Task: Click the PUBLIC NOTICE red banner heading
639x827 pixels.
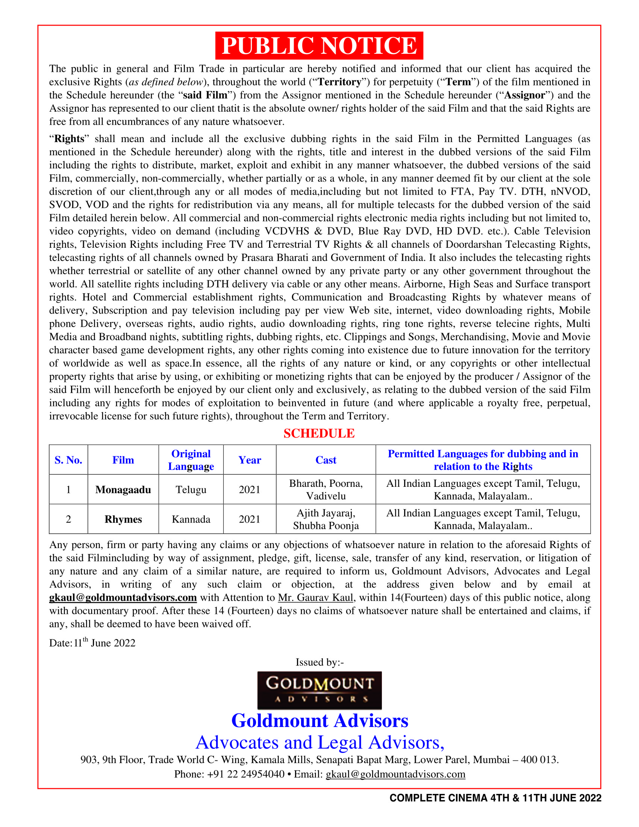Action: pos(319,46)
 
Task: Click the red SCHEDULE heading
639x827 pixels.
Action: pos(319,433)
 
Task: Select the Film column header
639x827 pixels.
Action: pos(123,460)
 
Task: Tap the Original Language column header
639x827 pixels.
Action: pos(191,460)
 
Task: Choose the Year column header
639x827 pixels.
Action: pos(250,460)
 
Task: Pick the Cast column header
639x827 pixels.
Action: pos(326,460)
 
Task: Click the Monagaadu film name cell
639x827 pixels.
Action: pos(123,489)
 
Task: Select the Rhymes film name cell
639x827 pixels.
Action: pos(123,519)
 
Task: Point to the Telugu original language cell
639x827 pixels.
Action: pos(191,489)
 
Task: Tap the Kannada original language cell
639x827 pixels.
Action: pos(191,519)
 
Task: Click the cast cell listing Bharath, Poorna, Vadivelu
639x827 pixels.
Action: pos(326,489)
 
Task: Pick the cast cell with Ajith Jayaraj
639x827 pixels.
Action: pos(326,519)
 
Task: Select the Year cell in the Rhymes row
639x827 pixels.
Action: pos(250,519)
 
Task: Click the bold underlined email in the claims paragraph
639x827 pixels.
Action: pos(123,598)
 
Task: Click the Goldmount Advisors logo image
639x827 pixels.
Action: pos(319,690)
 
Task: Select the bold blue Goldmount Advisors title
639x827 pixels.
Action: pos(319,721)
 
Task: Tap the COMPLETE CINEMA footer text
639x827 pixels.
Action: pos(495,798)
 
